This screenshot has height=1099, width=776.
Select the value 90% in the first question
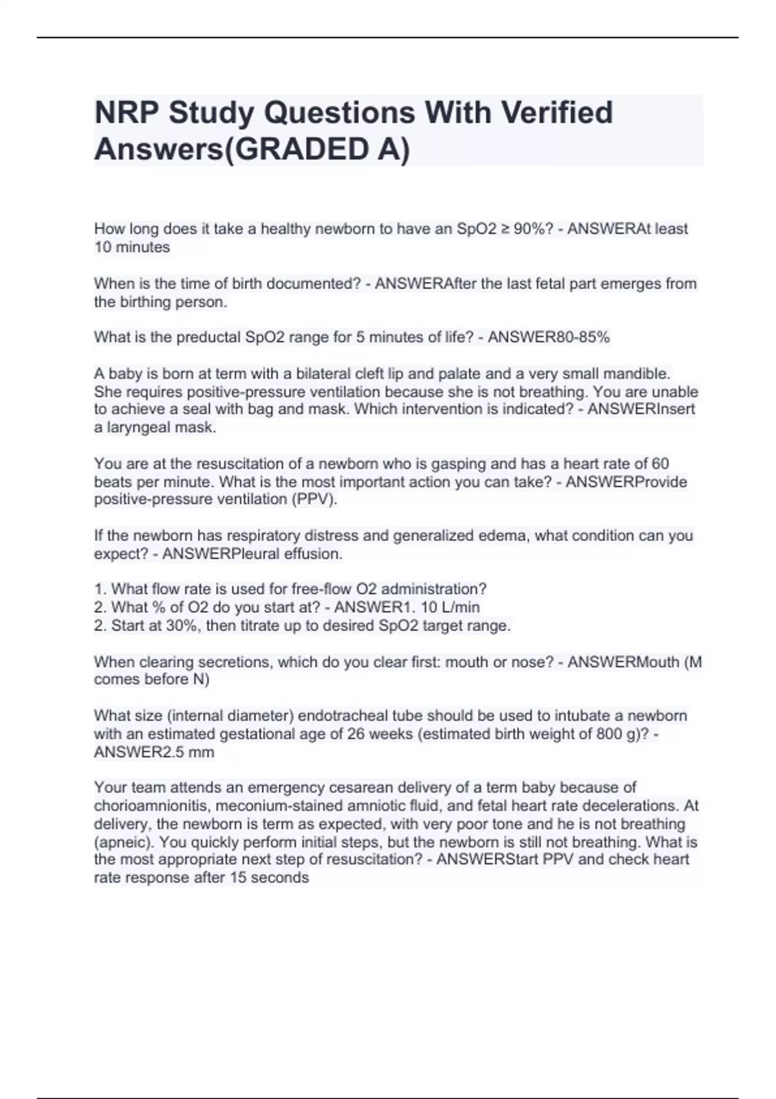(529, 229)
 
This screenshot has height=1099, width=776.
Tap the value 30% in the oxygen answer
(182, 626)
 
